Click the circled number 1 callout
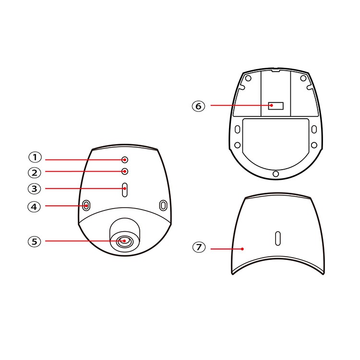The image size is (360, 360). click(35, 157)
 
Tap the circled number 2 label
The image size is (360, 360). click(35, 173)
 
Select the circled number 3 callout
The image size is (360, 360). click(34, 189)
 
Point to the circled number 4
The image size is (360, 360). click(34, 207)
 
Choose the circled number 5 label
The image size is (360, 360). click(34, 242)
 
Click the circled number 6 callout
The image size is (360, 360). click(198, 106)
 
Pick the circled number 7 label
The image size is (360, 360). click(199, 247)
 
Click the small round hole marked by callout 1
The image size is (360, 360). click(125, 160)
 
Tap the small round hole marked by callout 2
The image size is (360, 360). click(125, 171)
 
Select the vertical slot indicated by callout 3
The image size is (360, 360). click(125, 190)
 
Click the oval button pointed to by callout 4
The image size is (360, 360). click(86, 205)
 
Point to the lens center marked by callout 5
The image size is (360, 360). click(124, 241)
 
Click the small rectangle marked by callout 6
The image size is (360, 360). click(276, 106)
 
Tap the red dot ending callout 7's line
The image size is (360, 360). click(242, 249)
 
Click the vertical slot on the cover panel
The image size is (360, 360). click(278, 238)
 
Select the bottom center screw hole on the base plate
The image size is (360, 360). click(276, 174)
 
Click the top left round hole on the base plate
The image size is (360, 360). click(248, 78)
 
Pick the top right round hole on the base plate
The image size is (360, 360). click(303, 78)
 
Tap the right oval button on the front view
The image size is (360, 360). click(163, 205)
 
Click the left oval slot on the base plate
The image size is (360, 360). click(238, 129)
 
